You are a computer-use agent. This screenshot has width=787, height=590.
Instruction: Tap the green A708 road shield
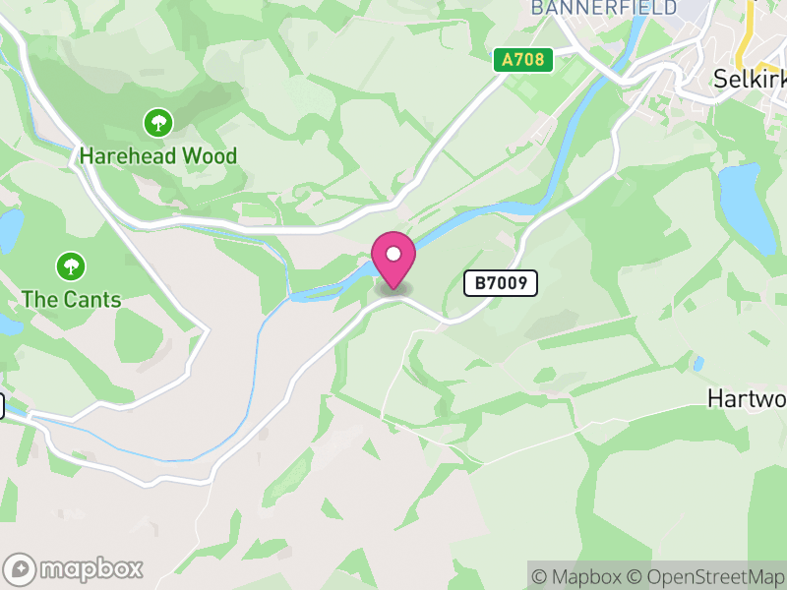[522, 60]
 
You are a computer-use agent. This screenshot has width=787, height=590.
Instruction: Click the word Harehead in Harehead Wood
[126, 156]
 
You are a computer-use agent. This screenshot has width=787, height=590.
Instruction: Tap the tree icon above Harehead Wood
[157, 123]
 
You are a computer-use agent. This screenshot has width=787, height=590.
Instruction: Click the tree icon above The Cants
[71, 265]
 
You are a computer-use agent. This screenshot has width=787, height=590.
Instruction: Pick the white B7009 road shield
[501, 284]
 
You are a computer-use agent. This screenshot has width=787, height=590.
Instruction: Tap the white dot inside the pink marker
[393, 255]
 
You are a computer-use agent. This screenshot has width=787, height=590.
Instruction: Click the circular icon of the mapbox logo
[21, 569]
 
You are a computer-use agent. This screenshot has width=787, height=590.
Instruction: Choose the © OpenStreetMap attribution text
[705, 576]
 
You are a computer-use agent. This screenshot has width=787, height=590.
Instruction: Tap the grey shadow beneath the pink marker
[393, 289]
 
